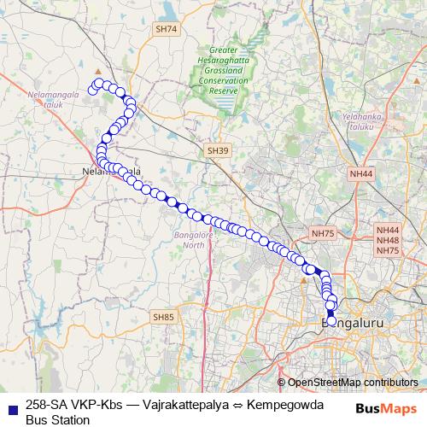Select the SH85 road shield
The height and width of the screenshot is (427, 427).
pyautogui.click(x=163, y=317)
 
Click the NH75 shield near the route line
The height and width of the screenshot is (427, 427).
pyautogui.click(x=323, y=232)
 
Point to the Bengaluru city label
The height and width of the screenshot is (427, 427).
pyautogui.click(x=354, y=324)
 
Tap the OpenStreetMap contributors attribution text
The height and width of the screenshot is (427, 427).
pyautogui.click(x=353, y=383)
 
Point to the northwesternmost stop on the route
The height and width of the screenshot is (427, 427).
pyautogui.click(x=93, y=89)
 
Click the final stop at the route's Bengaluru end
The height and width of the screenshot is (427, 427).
pyautogui.click(x=331, y=313)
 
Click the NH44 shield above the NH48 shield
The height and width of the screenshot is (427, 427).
pyautogui.click(x=388, y=231)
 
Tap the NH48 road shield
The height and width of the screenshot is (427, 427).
pyautogui.click(x=388, y=240)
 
